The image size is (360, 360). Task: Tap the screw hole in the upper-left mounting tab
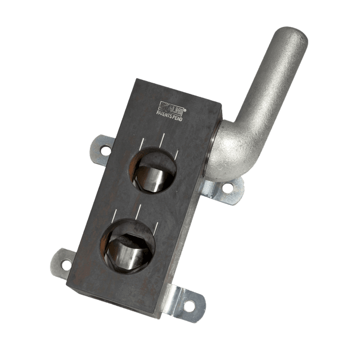click(104, 150)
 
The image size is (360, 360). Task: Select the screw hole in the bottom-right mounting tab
click(189, 305)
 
